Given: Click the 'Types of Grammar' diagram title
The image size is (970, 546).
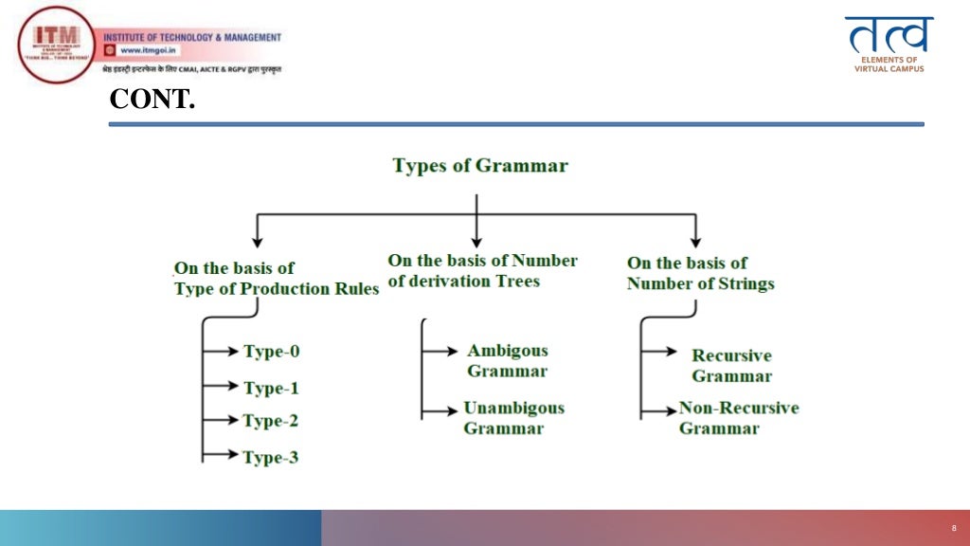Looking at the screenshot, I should tap(480, 166).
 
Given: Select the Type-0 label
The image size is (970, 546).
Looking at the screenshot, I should tap(271, 352).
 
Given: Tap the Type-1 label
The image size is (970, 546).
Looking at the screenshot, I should tap(271, 388).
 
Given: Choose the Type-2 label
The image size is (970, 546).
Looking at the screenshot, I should tap(271, 421).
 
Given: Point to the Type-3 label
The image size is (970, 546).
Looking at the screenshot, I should tap(271, 458).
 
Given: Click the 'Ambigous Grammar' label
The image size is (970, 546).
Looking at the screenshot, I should tap(508, 361).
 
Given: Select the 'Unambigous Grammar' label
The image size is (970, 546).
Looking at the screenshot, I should tap(513, 418).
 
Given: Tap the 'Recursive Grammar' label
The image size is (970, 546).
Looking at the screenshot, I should tap(731, 366).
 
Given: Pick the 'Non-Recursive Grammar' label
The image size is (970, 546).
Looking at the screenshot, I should tap(738, 418).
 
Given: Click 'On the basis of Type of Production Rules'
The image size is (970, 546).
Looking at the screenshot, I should tap(276, 279).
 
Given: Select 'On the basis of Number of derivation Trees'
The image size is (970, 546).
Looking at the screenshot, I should tap(482, 270).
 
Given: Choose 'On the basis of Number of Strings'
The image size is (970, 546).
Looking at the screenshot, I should tap(700, 273).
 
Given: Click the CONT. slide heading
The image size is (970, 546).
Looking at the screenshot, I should tap(153, 99).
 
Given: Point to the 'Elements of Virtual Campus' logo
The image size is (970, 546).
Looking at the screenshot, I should tap(889, 44).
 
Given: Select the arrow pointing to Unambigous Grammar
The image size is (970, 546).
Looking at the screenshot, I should tap(440, 411).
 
